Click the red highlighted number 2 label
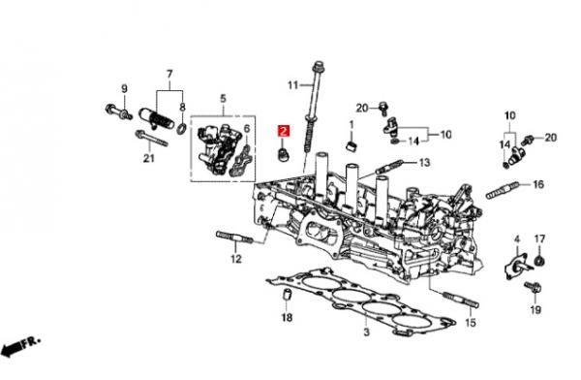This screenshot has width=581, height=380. (x=284, y=131)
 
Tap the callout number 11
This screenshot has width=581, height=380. (x=292, y=85)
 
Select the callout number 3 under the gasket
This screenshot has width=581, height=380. (x=366, y=332)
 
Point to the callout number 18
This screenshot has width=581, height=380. (x=287, y=317)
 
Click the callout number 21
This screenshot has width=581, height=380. (x=148, y=158)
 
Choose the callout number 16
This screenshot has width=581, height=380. (x=538, y=184)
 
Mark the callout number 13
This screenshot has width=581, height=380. (x=425, y=162)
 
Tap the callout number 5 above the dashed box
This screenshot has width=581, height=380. (x=223, y=99)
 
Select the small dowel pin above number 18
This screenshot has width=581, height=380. (x=287, y=295)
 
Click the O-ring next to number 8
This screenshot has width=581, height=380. (x=182, y=129)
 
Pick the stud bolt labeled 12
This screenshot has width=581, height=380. (x=235, y=237)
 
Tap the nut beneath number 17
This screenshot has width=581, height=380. (x=540, y=261)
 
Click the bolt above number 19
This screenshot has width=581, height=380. (x=534, y=287)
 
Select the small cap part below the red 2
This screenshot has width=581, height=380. (x=284, y=155)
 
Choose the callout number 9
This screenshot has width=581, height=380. (x=124, y=88)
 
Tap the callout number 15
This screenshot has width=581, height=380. (x=470, y=323)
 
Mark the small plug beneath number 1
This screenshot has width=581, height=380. (x=352, y=145)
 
